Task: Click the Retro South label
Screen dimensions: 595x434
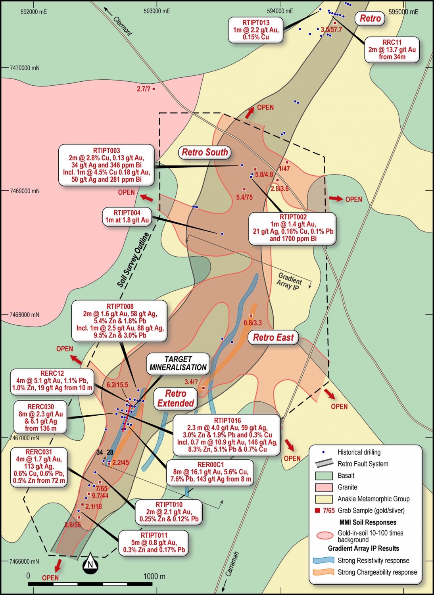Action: click(x=205, y=152)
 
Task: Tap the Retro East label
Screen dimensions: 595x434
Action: click(x=273, y=338)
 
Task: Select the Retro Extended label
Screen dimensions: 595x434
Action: click(x=175, y=399)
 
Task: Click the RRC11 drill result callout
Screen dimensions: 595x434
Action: click(x=392, y=50)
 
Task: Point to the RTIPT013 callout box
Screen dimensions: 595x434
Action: click(x=256, y=30)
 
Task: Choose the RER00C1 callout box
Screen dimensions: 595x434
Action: click(x=210, y=472)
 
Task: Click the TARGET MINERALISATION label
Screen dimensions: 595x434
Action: click(x=178, y=363)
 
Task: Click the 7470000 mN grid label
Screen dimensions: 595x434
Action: click(x=25, y=68)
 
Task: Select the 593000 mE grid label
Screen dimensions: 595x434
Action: click(x=157, y=11)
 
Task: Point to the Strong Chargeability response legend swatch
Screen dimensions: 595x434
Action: click(x=323, y=572)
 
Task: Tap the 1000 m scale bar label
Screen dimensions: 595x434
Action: click(x=154, y=576)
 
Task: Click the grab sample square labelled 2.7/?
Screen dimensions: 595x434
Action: click(x=154, y=89)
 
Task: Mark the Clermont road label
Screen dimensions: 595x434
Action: click(x=123, y=26)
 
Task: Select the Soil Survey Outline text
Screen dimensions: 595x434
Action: click(x=134, y=260)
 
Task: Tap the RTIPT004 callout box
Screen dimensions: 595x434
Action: click(x=127, y=217)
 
